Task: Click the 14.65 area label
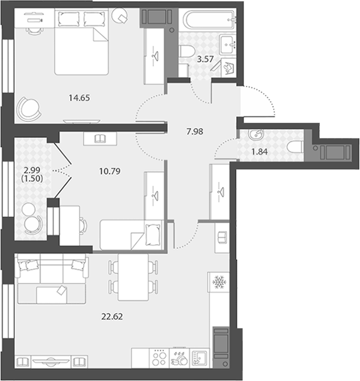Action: click(79, 98)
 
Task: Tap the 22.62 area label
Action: click(112, 317)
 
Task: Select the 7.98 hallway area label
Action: click(195, 132)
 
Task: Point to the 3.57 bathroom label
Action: click(205, 59)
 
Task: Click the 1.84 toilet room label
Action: click(260, 152)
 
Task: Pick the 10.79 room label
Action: click(110, 171)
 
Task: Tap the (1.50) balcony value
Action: click(32, 179)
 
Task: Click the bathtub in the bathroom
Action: click(209, 20)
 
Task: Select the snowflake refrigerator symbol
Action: click(219, 282)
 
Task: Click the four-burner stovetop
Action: click(159, 358)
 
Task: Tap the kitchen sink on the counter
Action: click(199, 359)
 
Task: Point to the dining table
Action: click(133, 277)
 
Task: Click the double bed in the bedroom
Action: click(81, 41)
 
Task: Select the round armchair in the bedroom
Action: click(29, 110)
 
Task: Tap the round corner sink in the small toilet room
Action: click(256, 134)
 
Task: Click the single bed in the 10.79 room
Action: click(131, 235)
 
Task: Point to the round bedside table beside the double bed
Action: click(119, 15)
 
